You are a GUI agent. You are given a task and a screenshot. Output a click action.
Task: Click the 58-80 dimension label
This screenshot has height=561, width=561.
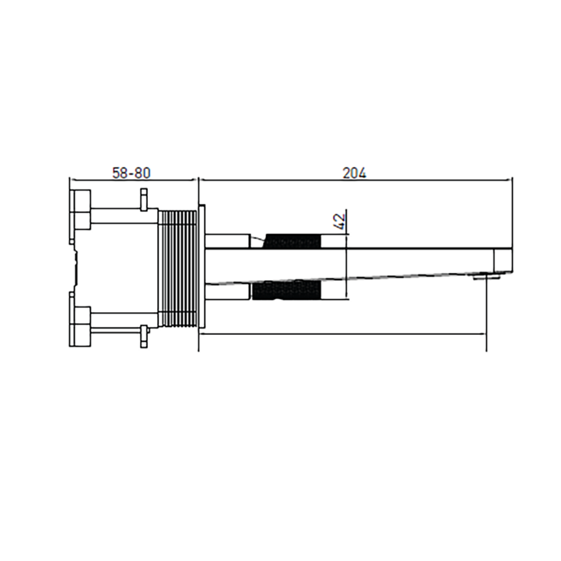[x=132, y=173]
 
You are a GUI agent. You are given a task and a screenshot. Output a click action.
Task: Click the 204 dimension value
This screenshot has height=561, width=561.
[x=355, y=173]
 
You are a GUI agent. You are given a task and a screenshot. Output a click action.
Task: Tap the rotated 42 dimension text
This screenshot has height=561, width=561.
[x=339, y=221]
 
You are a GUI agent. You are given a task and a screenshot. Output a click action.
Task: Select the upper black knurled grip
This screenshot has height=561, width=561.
[x=292, y=241]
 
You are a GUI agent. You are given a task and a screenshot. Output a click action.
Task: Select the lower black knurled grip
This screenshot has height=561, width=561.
[x=286, y=290]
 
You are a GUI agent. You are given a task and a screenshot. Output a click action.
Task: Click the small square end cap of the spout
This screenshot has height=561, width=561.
[x=503, y=261]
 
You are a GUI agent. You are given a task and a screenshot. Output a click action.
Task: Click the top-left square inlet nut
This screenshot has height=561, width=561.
[x=80, y=209]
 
